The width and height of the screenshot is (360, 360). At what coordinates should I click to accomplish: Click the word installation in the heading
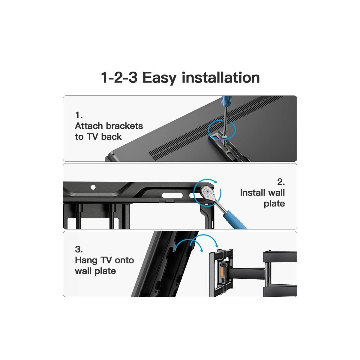[220, 77]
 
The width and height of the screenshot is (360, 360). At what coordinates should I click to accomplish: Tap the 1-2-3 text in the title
[119, 77]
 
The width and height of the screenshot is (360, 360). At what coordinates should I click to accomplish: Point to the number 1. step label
[79, 115]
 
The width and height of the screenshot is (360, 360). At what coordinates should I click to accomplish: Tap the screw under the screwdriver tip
[224, 138]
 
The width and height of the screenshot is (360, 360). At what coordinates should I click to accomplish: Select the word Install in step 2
[253, 193]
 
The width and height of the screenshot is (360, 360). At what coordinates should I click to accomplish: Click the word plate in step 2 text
[274, 204]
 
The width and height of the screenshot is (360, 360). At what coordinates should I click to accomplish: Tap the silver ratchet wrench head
[208, 192]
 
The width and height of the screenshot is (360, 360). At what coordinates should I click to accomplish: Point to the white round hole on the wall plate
[93, 187]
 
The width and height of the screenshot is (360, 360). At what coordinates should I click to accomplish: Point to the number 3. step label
[79, 249]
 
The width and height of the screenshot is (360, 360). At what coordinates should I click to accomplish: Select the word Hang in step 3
[86, 260]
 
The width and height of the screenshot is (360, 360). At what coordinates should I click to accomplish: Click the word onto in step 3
[124, 260]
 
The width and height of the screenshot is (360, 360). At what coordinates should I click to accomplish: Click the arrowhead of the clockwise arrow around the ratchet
[216, 181]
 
